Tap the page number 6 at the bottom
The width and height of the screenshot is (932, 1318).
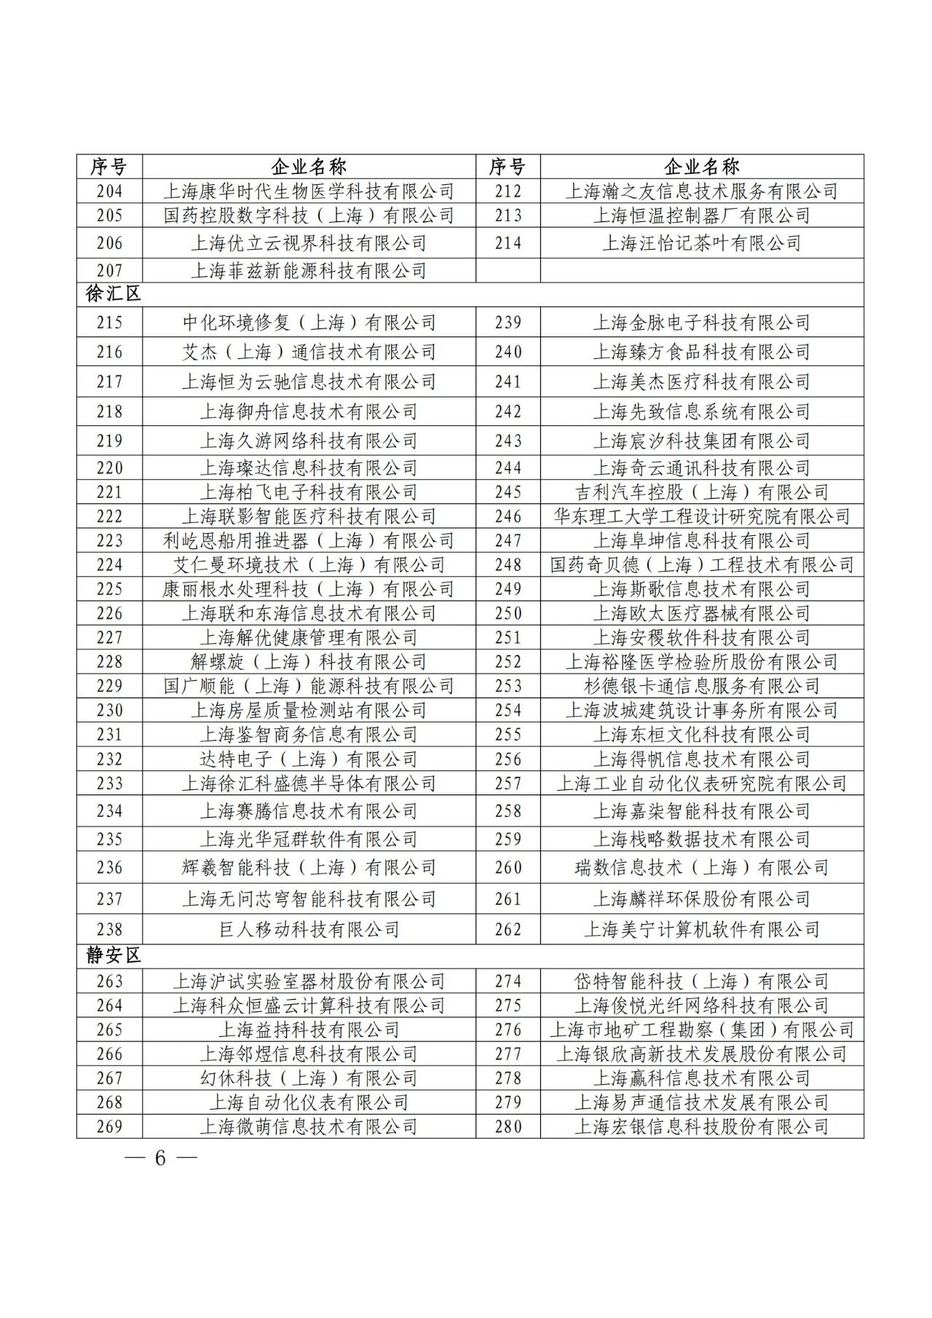pos(160,1158)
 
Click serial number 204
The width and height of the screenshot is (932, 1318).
pos(109,192)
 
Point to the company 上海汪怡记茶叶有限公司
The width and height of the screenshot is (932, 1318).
pos(701,243)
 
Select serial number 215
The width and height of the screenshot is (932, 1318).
pos(109,323)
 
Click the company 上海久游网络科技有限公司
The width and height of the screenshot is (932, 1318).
pos(309,441)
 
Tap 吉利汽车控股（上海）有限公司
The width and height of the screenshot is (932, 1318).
pos(701,492)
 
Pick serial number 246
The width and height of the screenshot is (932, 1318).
pos(508,517)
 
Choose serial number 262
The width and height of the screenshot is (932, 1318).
pos(508,929)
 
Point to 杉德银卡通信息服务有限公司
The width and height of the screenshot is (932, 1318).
pos(701,686)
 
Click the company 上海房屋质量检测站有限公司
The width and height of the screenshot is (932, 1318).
pos(309,710)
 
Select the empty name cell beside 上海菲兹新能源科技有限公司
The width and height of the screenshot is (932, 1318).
pos(701,271)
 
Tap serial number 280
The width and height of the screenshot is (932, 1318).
pos(508,1126)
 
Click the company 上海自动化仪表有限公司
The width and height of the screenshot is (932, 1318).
pos(309,1102)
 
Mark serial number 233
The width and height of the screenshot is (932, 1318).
pos(109,784)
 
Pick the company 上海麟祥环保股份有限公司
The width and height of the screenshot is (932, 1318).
pos(701,899)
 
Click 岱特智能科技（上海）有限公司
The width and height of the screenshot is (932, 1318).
pos(701,982)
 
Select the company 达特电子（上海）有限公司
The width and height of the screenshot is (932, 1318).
pos(309,759)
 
